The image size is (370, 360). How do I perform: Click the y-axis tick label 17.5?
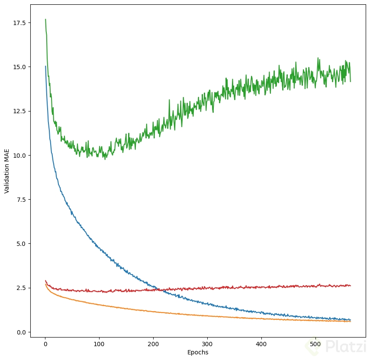19,22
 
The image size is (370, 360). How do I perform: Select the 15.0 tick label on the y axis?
19,67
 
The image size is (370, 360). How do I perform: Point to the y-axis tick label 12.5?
19,111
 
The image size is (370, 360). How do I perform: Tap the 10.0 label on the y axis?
19,155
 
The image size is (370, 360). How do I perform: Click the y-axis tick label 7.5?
20,200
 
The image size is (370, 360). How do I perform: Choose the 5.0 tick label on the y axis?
20,244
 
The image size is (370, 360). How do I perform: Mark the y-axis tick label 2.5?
20,288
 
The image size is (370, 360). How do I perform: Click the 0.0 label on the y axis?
20,332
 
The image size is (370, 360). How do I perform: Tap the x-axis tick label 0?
45,344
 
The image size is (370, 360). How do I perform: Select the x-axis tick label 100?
99,344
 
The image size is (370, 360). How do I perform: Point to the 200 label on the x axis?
153,344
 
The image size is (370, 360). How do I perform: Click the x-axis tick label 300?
207,344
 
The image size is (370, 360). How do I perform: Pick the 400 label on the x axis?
261,344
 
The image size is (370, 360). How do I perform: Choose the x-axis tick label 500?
315,344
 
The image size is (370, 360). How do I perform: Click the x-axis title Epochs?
198,352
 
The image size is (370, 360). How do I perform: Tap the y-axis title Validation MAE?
7,171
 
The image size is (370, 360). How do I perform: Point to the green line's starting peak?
45,19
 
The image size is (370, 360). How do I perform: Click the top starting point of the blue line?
45,66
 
